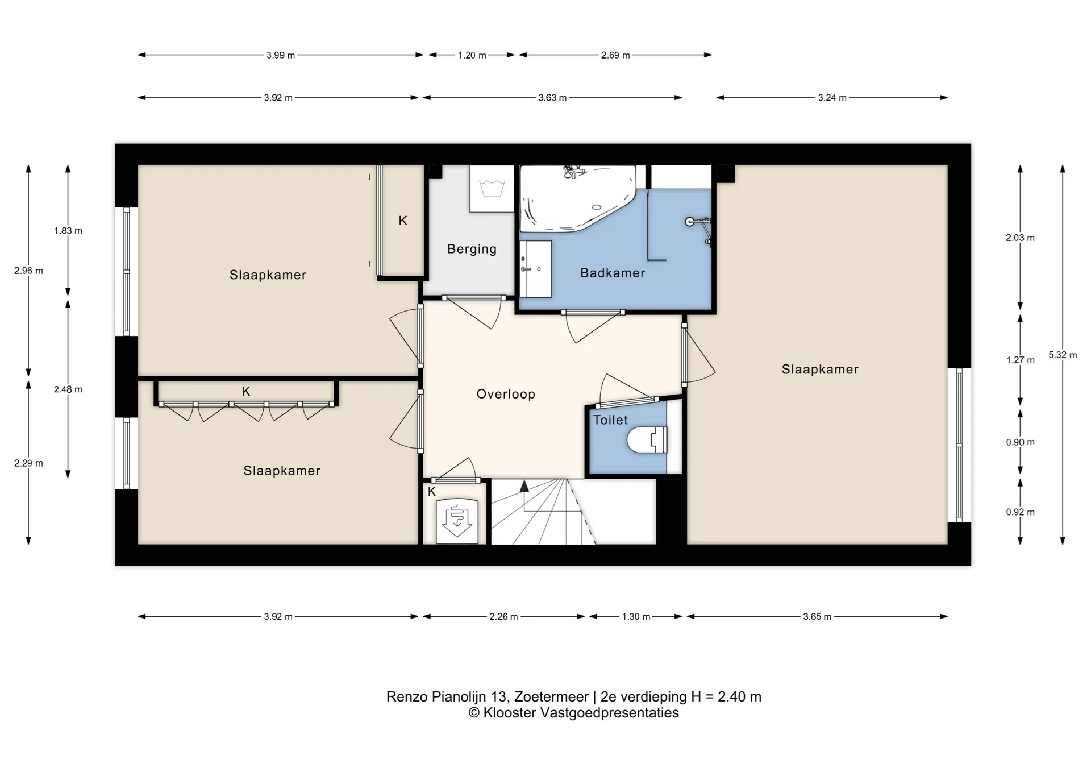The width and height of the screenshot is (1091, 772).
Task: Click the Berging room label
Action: tap(472, 249)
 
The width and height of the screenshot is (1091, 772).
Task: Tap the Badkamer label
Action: tap(613, 273)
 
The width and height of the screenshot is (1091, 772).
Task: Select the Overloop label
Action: tap(506, 394)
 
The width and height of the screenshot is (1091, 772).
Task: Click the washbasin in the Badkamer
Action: tap(536, 269)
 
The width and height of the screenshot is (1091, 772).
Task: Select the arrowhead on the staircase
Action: tap(524, 485)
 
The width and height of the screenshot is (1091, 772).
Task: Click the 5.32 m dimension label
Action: tap(1063, 355)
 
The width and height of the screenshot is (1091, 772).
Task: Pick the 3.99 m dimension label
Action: tap(281, 55)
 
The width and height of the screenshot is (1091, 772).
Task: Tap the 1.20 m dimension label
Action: tap(472, 55)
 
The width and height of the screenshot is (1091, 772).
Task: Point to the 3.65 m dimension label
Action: tap(817, 616)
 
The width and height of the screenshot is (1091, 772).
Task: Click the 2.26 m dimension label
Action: tap(503, 616)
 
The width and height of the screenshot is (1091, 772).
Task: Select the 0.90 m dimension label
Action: tap(1020, 442)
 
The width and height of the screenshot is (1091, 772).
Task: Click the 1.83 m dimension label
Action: tap(68, 231)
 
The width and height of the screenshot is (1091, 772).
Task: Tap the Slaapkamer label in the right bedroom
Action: tap(820, 370)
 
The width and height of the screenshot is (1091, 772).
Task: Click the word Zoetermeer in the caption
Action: tap(551, 697)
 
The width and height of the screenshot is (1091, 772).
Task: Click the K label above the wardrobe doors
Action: tap(246, 391)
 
